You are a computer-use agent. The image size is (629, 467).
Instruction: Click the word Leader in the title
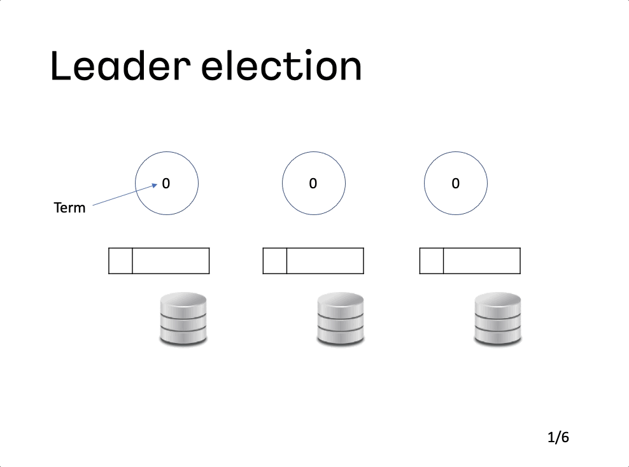[120, 66]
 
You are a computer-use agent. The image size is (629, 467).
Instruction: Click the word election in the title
[281, 66]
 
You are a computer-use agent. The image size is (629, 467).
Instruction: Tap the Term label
[69, 207]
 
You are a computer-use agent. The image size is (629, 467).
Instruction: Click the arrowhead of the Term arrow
[155, 185]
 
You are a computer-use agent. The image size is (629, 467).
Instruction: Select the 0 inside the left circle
[166, 184]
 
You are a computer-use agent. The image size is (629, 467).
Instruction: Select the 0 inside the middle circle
[313, 184]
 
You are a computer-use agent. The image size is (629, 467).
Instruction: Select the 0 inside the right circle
[455, 184]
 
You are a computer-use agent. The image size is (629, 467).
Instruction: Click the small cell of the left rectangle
[120, 261]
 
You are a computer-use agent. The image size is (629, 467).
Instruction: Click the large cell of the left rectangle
[171, 261]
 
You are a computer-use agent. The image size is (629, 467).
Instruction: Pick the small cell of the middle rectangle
[275, 261]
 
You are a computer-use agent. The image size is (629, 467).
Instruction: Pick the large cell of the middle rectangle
[325, 261]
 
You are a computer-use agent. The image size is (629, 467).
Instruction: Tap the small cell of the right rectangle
[432, 261]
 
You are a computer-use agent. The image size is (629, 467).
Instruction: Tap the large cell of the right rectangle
[482, 261]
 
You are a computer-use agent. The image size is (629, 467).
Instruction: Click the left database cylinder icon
[183, 319]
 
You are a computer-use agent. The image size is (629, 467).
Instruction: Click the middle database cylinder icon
[341, 319]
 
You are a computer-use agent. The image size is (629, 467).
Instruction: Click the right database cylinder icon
[498, 319]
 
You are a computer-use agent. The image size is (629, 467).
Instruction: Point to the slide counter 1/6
[558, 437]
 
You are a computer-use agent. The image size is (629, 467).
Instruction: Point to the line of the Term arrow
[125, 195]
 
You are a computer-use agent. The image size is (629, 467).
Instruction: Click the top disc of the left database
[183, 300]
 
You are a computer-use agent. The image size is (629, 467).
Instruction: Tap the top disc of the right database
[498, 300]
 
